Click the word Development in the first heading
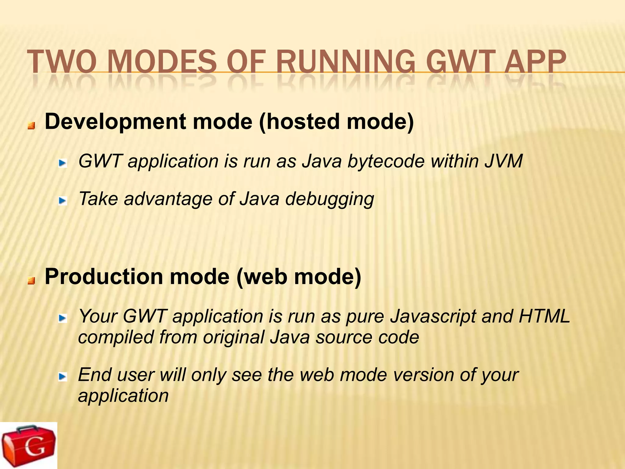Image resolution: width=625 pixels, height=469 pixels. [x=115, y=122]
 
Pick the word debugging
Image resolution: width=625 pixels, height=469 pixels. [x=330, y=199]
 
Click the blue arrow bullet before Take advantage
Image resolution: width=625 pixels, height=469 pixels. [x=63, y=201]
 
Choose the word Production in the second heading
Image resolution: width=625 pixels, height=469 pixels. [x=104, y=277]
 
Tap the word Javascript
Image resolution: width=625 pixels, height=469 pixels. [x=433, y=316]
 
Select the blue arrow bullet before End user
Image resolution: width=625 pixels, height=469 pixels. [x=63, y=377]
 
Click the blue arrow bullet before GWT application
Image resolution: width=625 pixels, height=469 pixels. [x=63, y=164]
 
